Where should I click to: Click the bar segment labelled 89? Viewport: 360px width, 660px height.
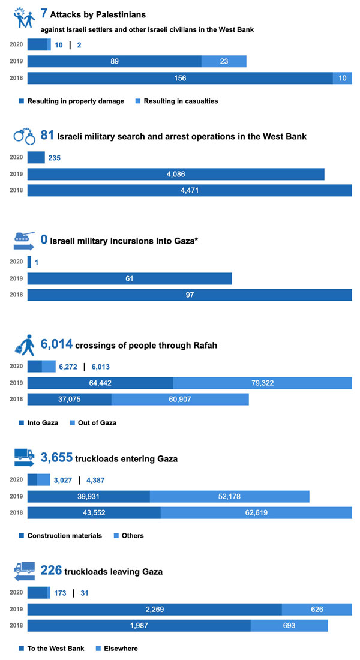(x=114, y=61)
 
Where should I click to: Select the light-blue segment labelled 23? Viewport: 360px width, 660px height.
(x=223, y=61)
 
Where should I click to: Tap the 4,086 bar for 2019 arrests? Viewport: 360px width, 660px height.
(x=175, y=174)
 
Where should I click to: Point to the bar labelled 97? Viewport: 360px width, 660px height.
(x=190, y=295)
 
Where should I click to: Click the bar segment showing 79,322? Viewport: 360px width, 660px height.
(x=262, y=383)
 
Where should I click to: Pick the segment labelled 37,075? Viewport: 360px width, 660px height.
(x=69, y=400)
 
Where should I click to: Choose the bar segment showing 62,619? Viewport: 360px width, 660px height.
(x=256, y=512)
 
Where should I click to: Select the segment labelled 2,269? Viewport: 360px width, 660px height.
(x=154, y=610)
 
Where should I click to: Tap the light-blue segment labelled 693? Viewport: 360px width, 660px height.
(x=289, y=626)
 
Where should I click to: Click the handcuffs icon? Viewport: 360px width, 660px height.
(x=24, y=136)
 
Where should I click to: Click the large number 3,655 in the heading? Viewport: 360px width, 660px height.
(x=56, y=458)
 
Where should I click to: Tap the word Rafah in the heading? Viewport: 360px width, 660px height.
(x=202, y=345)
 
